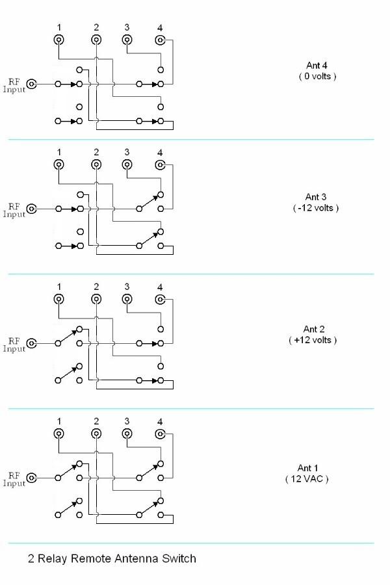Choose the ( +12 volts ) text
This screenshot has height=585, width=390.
[313, 340]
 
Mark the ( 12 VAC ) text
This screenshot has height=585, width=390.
[307, 479]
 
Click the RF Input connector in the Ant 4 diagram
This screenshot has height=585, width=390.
[31, 84]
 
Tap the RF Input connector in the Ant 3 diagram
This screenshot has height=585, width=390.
[31, 209]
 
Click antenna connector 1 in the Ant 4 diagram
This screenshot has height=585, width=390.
[59, 40]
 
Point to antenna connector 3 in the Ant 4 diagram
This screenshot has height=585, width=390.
[127, 40]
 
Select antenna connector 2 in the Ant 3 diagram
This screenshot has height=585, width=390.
[96, 164]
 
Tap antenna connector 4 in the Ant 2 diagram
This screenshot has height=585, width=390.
[160, 299]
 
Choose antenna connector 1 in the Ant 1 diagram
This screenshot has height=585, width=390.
[59, 434]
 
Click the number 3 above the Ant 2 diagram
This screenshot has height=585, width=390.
[127, 287]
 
